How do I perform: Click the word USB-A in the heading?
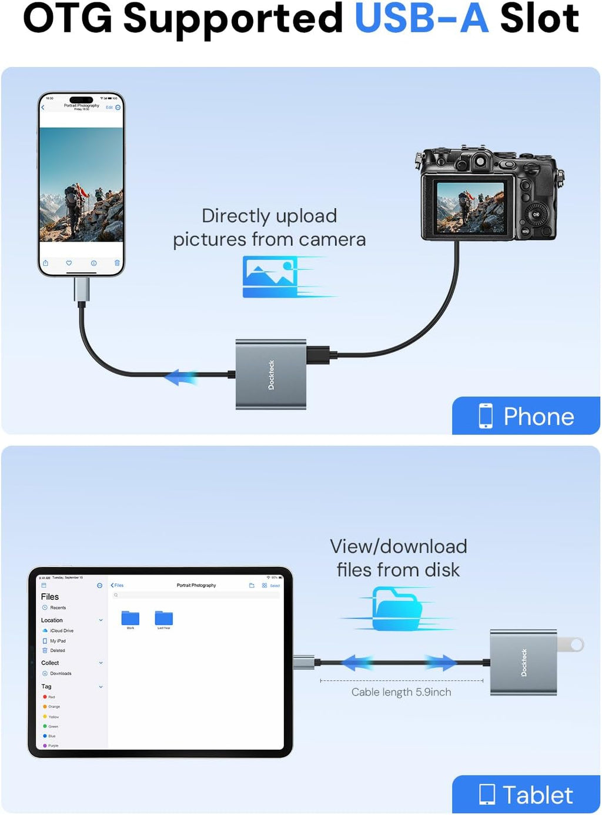[x=422, y=19]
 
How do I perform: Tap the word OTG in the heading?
[x=67, y=19]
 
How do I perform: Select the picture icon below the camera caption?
[x=271, y=276]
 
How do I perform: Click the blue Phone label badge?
[x=526, y=416]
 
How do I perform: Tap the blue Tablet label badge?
[x=526, y=795]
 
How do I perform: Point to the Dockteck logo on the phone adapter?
[x=271, y=375]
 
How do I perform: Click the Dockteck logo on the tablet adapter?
[x=524, y=663]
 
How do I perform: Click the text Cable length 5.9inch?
[x=402, y=692]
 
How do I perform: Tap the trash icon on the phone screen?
[x=117, y=263]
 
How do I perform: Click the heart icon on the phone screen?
[x=69, y=263]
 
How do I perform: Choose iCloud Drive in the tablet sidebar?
[x=61, y=630]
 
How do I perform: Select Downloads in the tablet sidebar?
[x=60, y=673]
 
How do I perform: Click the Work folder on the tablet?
[x=130, y=619]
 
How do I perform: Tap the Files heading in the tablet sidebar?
[x=50, y=596]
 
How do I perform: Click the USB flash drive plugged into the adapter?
[x=571, y=644]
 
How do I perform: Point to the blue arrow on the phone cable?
[x=180, y=377]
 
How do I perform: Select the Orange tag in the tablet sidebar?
[x=53, y=706]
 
